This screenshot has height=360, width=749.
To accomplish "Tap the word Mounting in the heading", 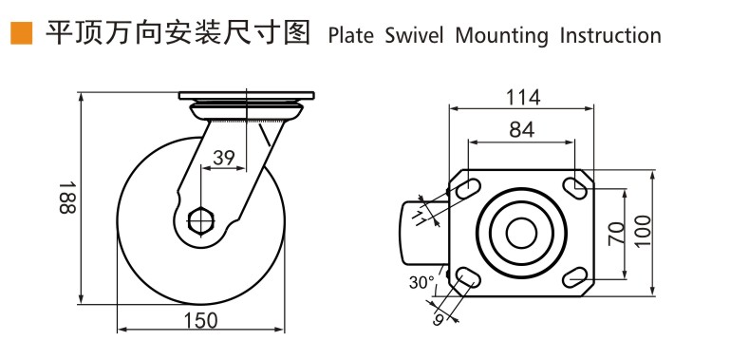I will pyautogui.click(x=501, y=37).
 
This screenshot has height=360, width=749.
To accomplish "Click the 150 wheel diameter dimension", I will pyautogui.click(x=199, y=320).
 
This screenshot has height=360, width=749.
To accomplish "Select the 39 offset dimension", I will pyautogui.click(x=223, y=158).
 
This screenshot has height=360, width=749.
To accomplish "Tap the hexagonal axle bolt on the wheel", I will pyautogui.click(x=199, y=220).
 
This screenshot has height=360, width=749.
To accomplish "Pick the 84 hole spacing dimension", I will pyautogui.click(x=521, y=130).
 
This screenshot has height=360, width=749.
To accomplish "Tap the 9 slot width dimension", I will pyautogui.click(x=439, y=321).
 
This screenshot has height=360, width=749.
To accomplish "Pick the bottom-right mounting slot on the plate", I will pyautogui.click(x=574, y=276).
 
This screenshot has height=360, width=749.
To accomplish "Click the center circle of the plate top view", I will pyautogui.click(x=520, y=234).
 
